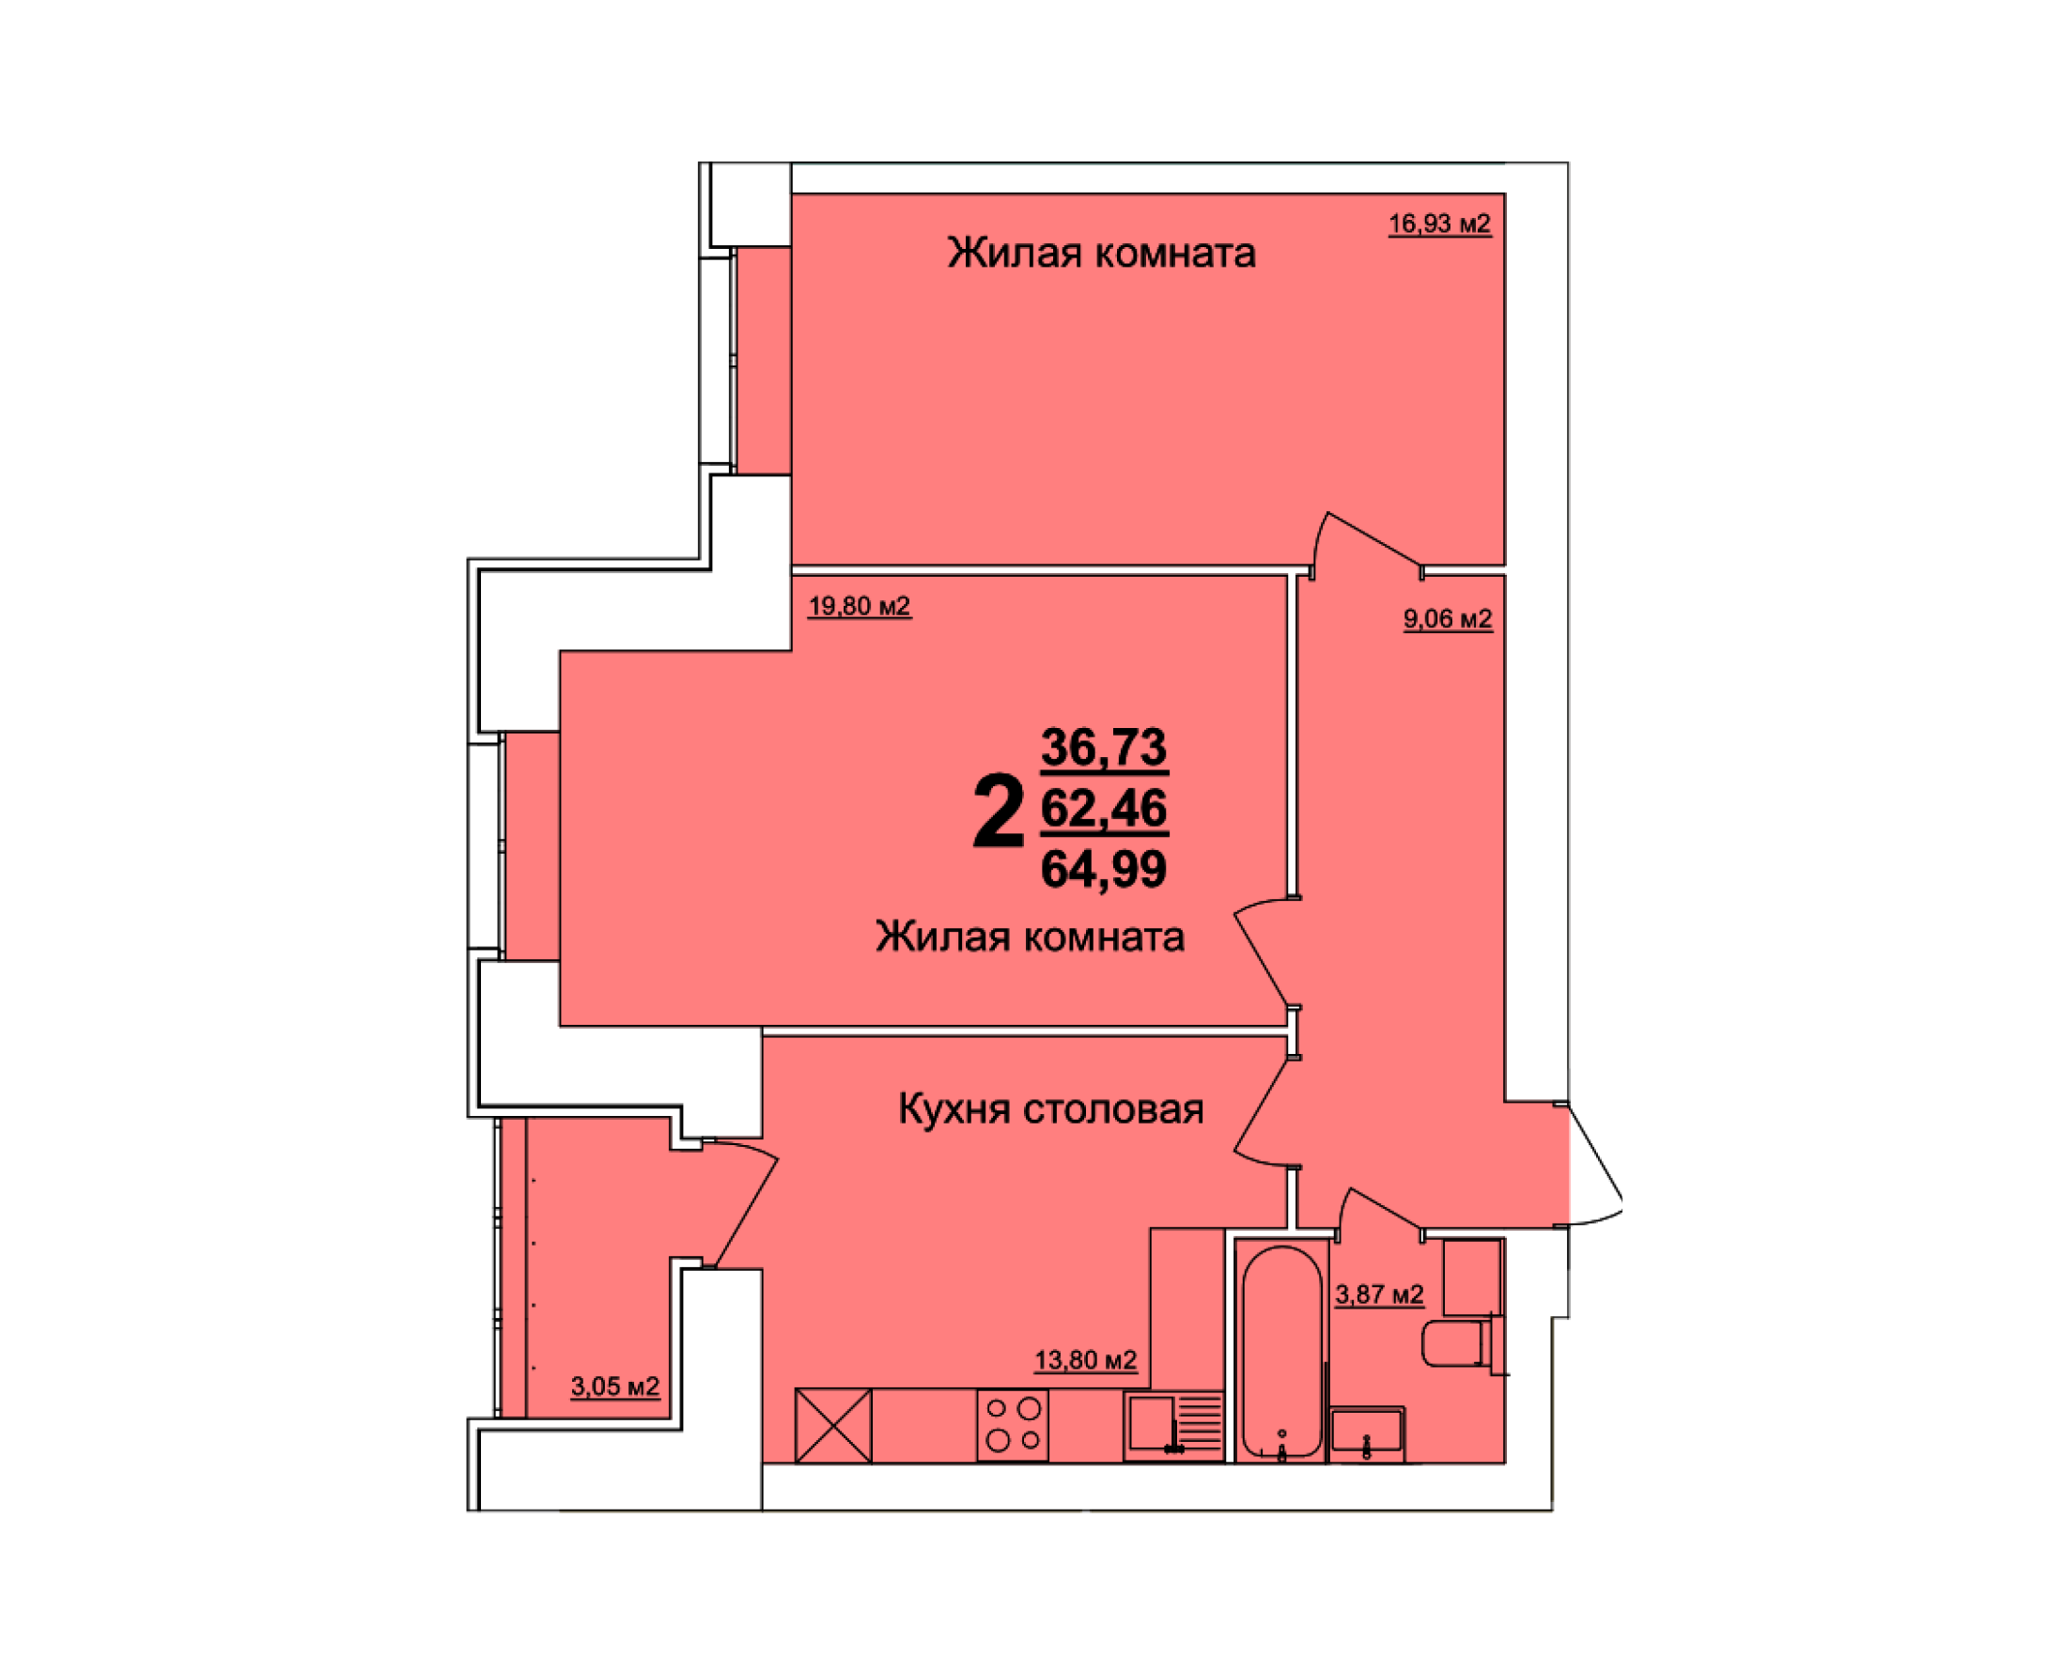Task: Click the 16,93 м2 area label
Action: (1438, 225)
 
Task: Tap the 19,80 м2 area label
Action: (859, 606)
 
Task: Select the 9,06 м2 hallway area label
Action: (1448, 619)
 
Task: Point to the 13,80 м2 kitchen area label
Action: (1086, 1360)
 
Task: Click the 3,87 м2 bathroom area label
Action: (1379, 1294)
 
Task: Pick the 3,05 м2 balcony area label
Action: (614, 1386)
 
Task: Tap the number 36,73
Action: (1104, 747)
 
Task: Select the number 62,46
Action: (1104, 808)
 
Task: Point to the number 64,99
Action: (1104, 868)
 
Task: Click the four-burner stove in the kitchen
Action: (1013, 1424)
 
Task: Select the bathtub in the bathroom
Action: (1281, 1354)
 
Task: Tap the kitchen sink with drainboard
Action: (1173, 1426)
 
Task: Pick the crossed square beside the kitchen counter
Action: (832, 1424)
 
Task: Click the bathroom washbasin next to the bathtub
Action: (1366, 1434)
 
